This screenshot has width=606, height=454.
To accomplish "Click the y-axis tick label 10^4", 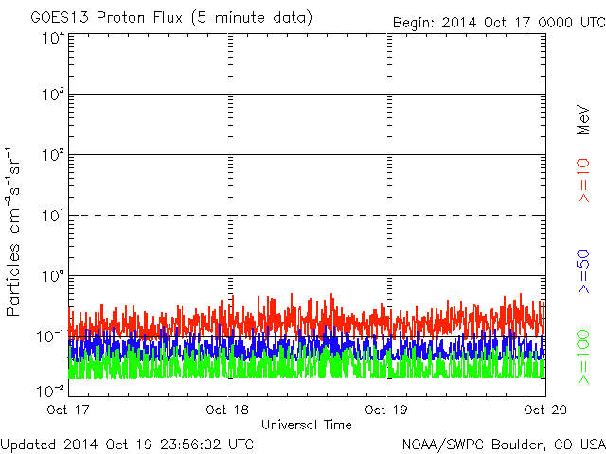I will tap(53, 38).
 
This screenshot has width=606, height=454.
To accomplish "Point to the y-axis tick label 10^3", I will tap(53, 95).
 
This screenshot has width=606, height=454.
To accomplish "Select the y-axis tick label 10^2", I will tap(53, 155).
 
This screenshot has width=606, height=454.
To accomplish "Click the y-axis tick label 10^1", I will tap(53, 216).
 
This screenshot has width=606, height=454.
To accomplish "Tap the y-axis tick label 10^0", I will tap(53, 276).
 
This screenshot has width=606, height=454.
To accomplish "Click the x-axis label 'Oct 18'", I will tap(228, 410).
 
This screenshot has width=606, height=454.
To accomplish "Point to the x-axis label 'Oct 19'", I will tap(385, 410).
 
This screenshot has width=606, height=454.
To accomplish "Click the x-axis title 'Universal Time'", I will tap(307, 425).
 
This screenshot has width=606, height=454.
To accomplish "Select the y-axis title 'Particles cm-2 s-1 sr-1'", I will tap(16, 232).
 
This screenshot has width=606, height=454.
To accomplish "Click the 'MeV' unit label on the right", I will tap(584, 118).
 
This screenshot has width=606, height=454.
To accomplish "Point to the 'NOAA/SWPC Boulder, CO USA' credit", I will tap(503, 444).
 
